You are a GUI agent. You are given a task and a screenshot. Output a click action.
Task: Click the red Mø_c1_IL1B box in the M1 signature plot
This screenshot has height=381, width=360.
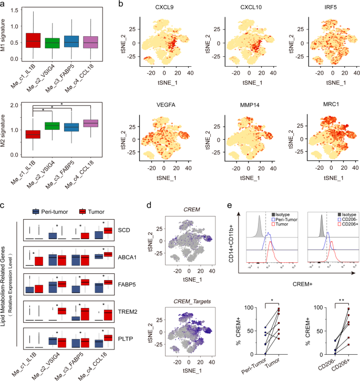34,40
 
